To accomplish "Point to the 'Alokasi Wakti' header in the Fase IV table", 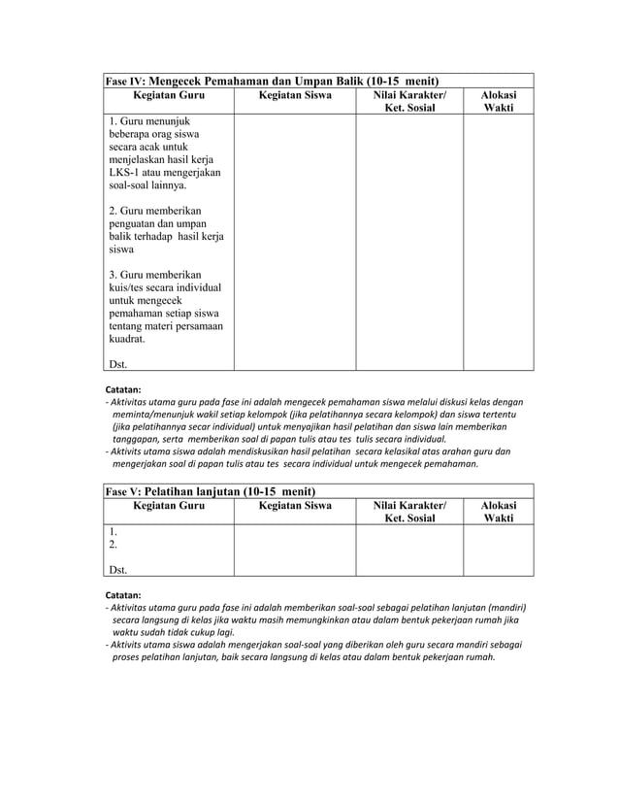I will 499,103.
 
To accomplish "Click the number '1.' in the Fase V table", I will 114,531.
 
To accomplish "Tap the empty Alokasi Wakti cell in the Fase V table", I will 499,551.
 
